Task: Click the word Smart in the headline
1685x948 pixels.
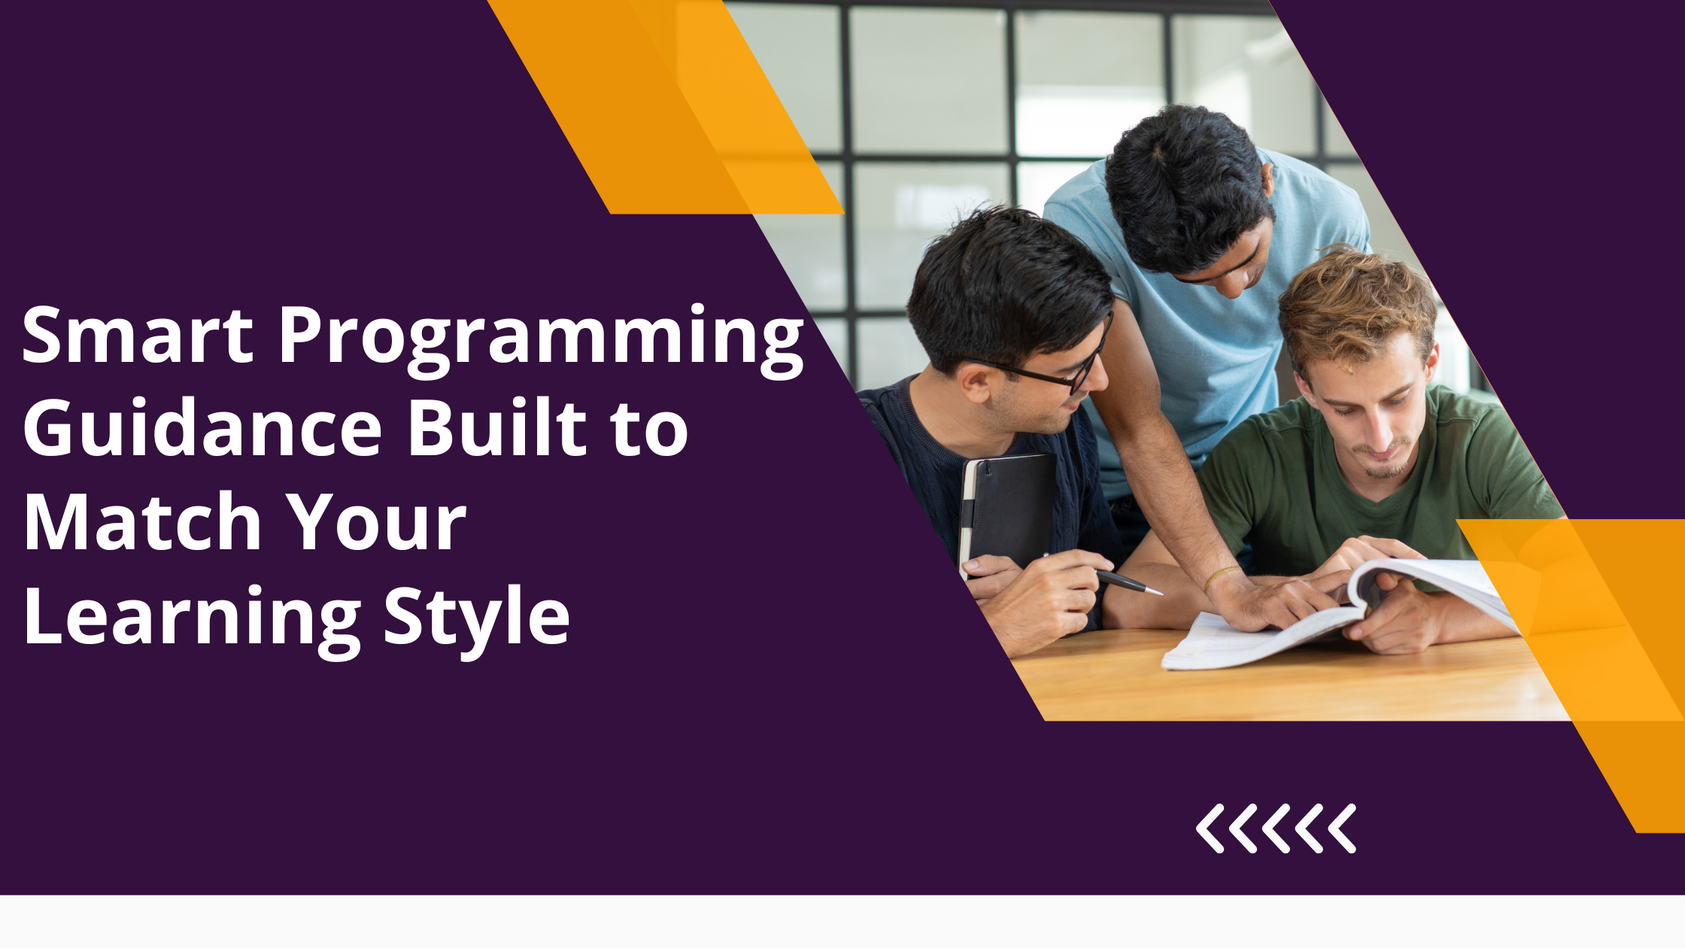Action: tap(138, 334)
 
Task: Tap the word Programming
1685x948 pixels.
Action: tap(542, 339)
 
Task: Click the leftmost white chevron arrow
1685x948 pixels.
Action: tap(1210, 828)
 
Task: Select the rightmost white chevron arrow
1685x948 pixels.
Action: tap(1342, 828)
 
